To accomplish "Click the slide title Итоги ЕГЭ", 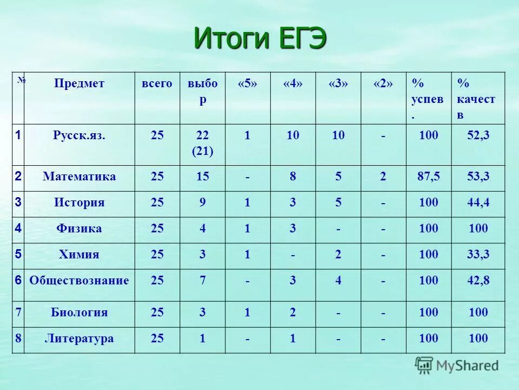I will tap(260, 39).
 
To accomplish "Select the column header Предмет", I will tap(79, 83).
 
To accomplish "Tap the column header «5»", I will tap(247, 83).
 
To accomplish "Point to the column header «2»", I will tap(383, 83).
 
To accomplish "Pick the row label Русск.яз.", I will tap(79, 135).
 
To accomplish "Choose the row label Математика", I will tap(79, 177).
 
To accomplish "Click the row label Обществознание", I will tap(79, 281).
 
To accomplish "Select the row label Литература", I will tap(79, 339).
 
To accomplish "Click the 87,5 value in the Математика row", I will tap(428, 177).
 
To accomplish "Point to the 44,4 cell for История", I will tap(478, 203).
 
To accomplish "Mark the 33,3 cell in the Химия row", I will tap(478, 255).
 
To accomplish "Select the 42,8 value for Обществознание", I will tap(478, 281).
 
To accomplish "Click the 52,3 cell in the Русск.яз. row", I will tap(478, 135).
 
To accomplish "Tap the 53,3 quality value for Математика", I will tap(478, 177).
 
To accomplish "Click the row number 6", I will tap(18, 280).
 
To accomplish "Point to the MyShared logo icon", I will tap(424, 366).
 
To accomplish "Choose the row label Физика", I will tap(79, 229).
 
